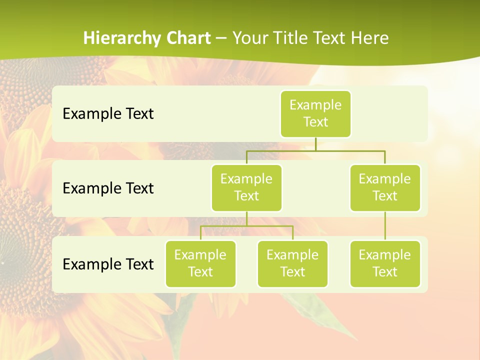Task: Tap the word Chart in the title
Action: coord(187,38)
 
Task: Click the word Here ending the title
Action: coord(369,38)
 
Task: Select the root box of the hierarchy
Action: coord(315,113)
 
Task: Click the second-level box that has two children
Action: coord(246,187)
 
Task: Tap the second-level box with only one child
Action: coord(385,187)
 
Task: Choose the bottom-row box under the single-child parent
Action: coord(385,263)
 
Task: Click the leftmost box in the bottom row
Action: coord(200,263)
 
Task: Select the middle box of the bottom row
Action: coord(292,263)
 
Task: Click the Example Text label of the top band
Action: coord(108,113)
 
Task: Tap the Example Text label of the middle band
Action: coord(108,188)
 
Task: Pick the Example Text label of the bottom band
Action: coord(108,264)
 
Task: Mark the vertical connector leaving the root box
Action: coord(315,144)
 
